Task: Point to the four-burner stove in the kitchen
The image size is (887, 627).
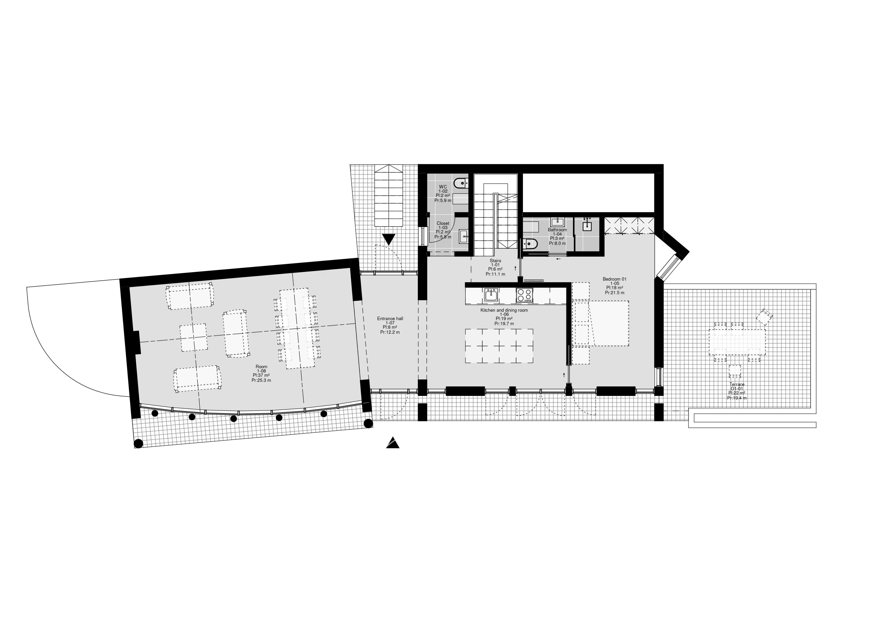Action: pyautogui.click(x=524, y=295)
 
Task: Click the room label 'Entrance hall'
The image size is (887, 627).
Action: pyautogui.click(x=390, y=318)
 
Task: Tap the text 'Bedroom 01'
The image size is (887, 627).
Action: pyautogui.click(x=614, y=279)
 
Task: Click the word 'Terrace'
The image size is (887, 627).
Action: pyautogui.click(x=737, y=384)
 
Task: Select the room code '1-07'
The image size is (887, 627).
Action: pyautogui.click(x=390, y=323)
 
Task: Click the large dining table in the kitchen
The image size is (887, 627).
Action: pyautogui.click(x=499, y=346)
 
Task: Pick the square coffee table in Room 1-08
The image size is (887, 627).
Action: pyautogui.click(x=193, y=337)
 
